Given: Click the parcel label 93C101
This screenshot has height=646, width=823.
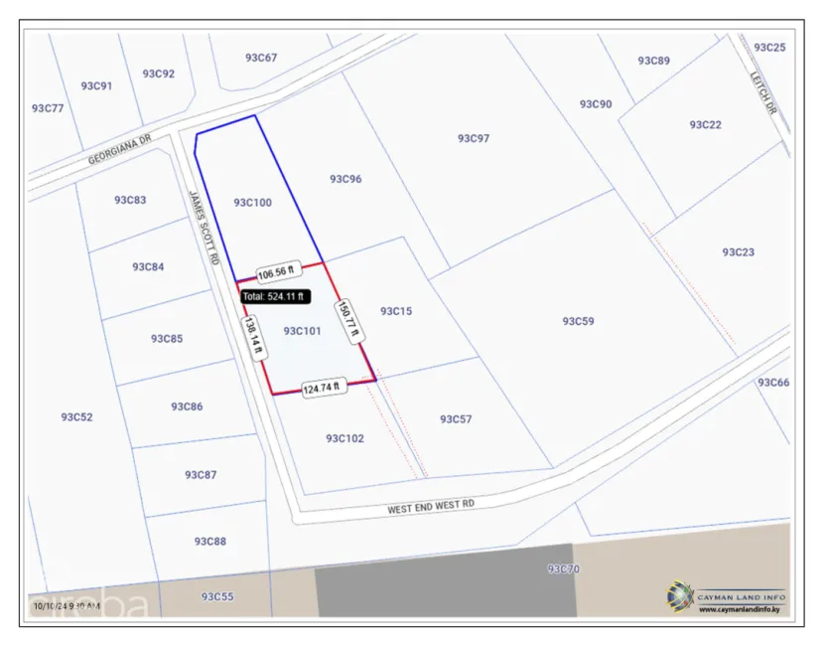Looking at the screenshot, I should click(302, 331).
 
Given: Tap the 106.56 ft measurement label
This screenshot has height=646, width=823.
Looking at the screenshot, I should click(278, 274).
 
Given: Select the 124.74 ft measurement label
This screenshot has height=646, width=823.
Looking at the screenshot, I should click(321, 388).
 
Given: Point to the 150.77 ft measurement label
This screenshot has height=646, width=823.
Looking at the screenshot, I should click(344, 320).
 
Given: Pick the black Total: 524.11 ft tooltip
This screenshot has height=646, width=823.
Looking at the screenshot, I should click(275, 296).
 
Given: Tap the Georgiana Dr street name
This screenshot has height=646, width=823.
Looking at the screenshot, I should click(118, 150).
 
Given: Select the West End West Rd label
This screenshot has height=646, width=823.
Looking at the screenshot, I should click(431, 507).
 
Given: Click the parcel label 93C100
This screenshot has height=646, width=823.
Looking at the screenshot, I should click(252, 203).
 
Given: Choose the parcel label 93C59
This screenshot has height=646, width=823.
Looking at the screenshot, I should click(578, 321).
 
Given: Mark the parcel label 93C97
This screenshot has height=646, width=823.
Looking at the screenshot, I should click(474, 138).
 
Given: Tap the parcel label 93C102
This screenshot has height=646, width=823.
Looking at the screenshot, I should click(344, 438).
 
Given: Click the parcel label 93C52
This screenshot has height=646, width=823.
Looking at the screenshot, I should click(76, 417).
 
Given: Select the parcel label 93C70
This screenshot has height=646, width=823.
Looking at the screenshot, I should click(563, 569).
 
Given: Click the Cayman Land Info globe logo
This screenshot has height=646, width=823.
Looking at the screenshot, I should click(680, 596).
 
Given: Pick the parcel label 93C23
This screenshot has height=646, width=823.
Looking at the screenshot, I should click(738, 252).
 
